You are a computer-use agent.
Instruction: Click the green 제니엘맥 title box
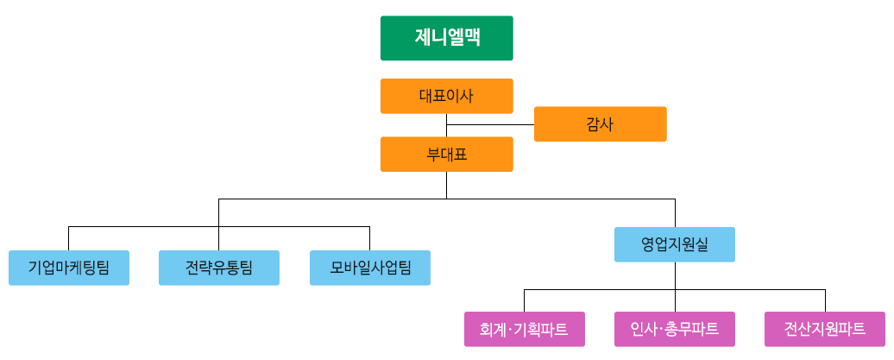[x=446, y=38]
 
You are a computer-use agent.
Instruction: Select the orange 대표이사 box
[x=446, y=95]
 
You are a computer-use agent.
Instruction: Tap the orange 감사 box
[x=600, y=123]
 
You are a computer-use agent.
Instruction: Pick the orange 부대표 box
[x=446, y=155]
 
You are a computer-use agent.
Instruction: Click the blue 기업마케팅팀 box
[x=68, y=267]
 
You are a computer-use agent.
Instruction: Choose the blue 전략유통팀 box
[x=218, y=267]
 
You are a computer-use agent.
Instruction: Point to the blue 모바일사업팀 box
[x=369, y=267]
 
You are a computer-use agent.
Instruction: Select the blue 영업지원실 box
[x=674, y=243]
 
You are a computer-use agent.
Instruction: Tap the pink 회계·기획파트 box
[x=524, y=329]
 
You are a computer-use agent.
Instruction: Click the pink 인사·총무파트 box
[x=674, y=329]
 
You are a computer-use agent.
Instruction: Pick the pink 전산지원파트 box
[x=824, y=329]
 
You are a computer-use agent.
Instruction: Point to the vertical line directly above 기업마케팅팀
[x=68, y=237]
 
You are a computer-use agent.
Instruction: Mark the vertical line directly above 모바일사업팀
[x=369, y=237]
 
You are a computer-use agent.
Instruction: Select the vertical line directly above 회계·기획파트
[x=524, y=300]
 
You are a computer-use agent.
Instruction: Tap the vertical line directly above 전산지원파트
[x=825, y=300]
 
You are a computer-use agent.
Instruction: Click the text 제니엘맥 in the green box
[x=446, y=38]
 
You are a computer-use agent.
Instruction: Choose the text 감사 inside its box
[x=600, y=123]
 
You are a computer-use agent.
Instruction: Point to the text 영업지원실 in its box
[x=674, y=243]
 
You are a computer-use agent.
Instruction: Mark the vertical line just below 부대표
[x=446, y=185]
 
